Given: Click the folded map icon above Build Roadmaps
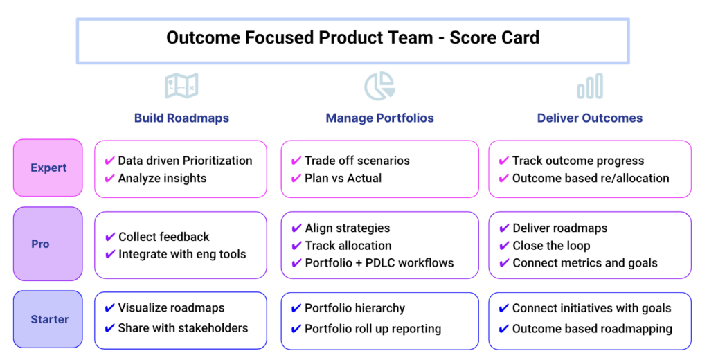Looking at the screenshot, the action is pyautogui.click(x=181, y=86).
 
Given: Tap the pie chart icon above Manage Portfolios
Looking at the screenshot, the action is pyautogui.click(x=380, y=86).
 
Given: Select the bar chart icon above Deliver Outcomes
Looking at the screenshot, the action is pyautogui.click(x=590, y=86).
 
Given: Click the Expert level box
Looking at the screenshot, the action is pyautogui.click(x=48, y=168).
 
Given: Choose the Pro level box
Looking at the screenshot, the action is pyautogui.click(x=48, y=244).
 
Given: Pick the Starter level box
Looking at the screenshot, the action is pyautogui.click(x=48, y=319).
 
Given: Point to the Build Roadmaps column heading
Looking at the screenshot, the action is pyautogui.click(x=182, y=118).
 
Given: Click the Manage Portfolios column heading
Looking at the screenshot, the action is pyautogui.click(x=380, y=118).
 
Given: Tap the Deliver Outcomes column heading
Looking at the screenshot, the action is pyautogui.click(x=590, y=118).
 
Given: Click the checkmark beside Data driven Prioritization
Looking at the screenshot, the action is pyautogui.click(x=109, y=161).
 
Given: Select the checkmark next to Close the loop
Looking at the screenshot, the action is pyautogui.click(x=504, y=246).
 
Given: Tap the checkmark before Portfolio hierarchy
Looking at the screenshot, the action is pyautogui.click(x=296, y=309).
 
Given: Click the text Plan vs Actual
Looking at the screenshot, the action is pyautogui.click(x=343, y=178).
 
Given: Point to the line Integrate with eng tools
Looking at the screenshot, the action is pyautogui.click(x=182, y=254).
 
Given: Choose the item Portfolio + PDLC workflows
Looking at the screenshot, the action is pyautogui.click(x=379, y=263).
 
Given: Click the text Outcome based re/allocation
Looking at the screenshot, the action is pyautogui.click(x=591, y=178).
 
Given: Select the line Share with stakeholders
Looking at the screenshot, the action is pyautogui.click(x=183, y=328).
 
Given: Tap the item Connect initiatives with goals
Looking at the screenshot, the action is pyautogui.click(x=592, y=309).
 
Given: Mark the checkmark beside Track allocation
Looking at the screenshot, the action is pyautogui.click(x=296, y=246).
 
